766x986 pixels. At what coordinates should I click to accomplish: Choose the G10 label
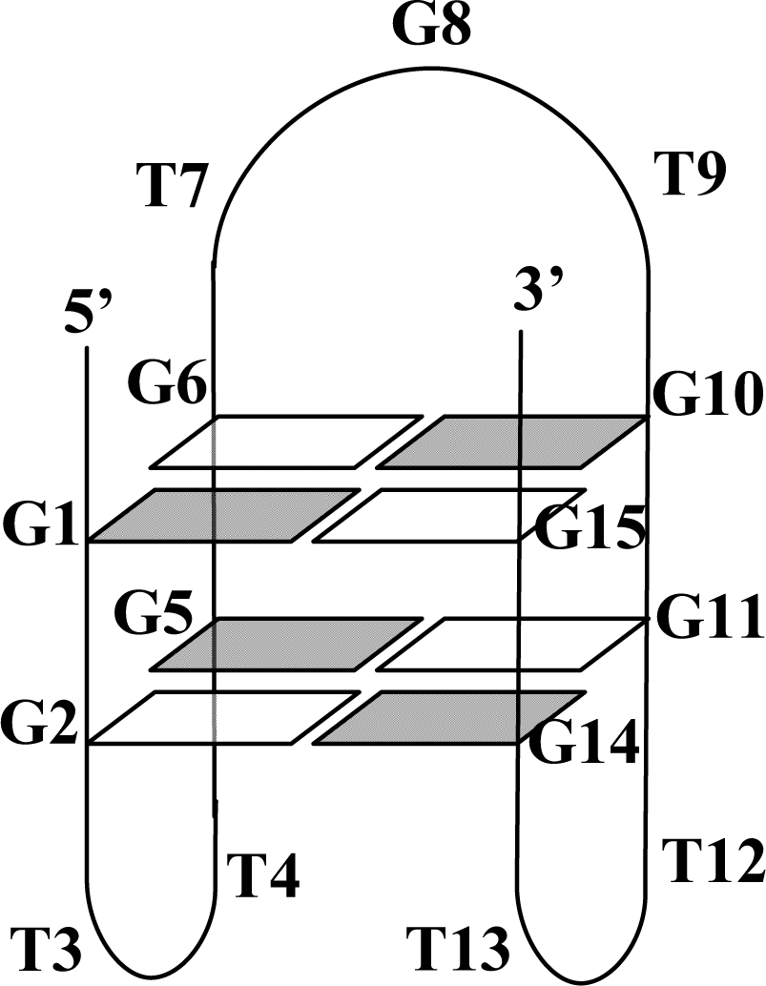point(706,396)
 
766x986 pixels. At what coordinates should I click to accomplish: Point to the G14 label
point(583,743)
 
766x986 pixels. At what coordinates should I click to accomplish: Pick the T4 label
point(263,874)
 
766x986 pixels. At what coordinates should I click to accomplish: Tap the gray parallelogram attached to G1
point(224,515)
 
